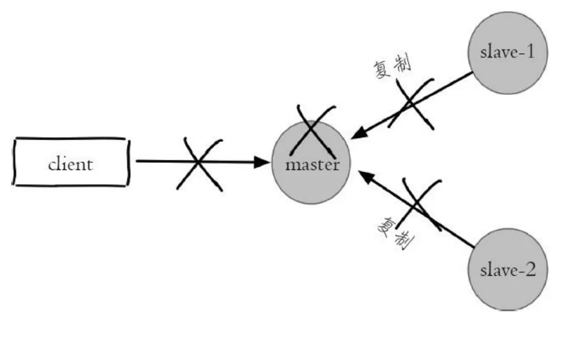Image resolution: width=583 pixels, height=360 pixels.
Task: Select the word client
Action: [71, 164]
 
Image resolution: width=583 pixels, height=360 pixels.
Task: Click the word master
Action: [311, 164]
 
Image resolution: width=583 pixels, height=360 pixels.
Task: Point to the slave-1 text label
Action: [507, 53]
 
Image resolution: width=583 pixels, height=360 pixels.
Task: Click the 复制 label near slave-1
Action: [392, 67]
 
